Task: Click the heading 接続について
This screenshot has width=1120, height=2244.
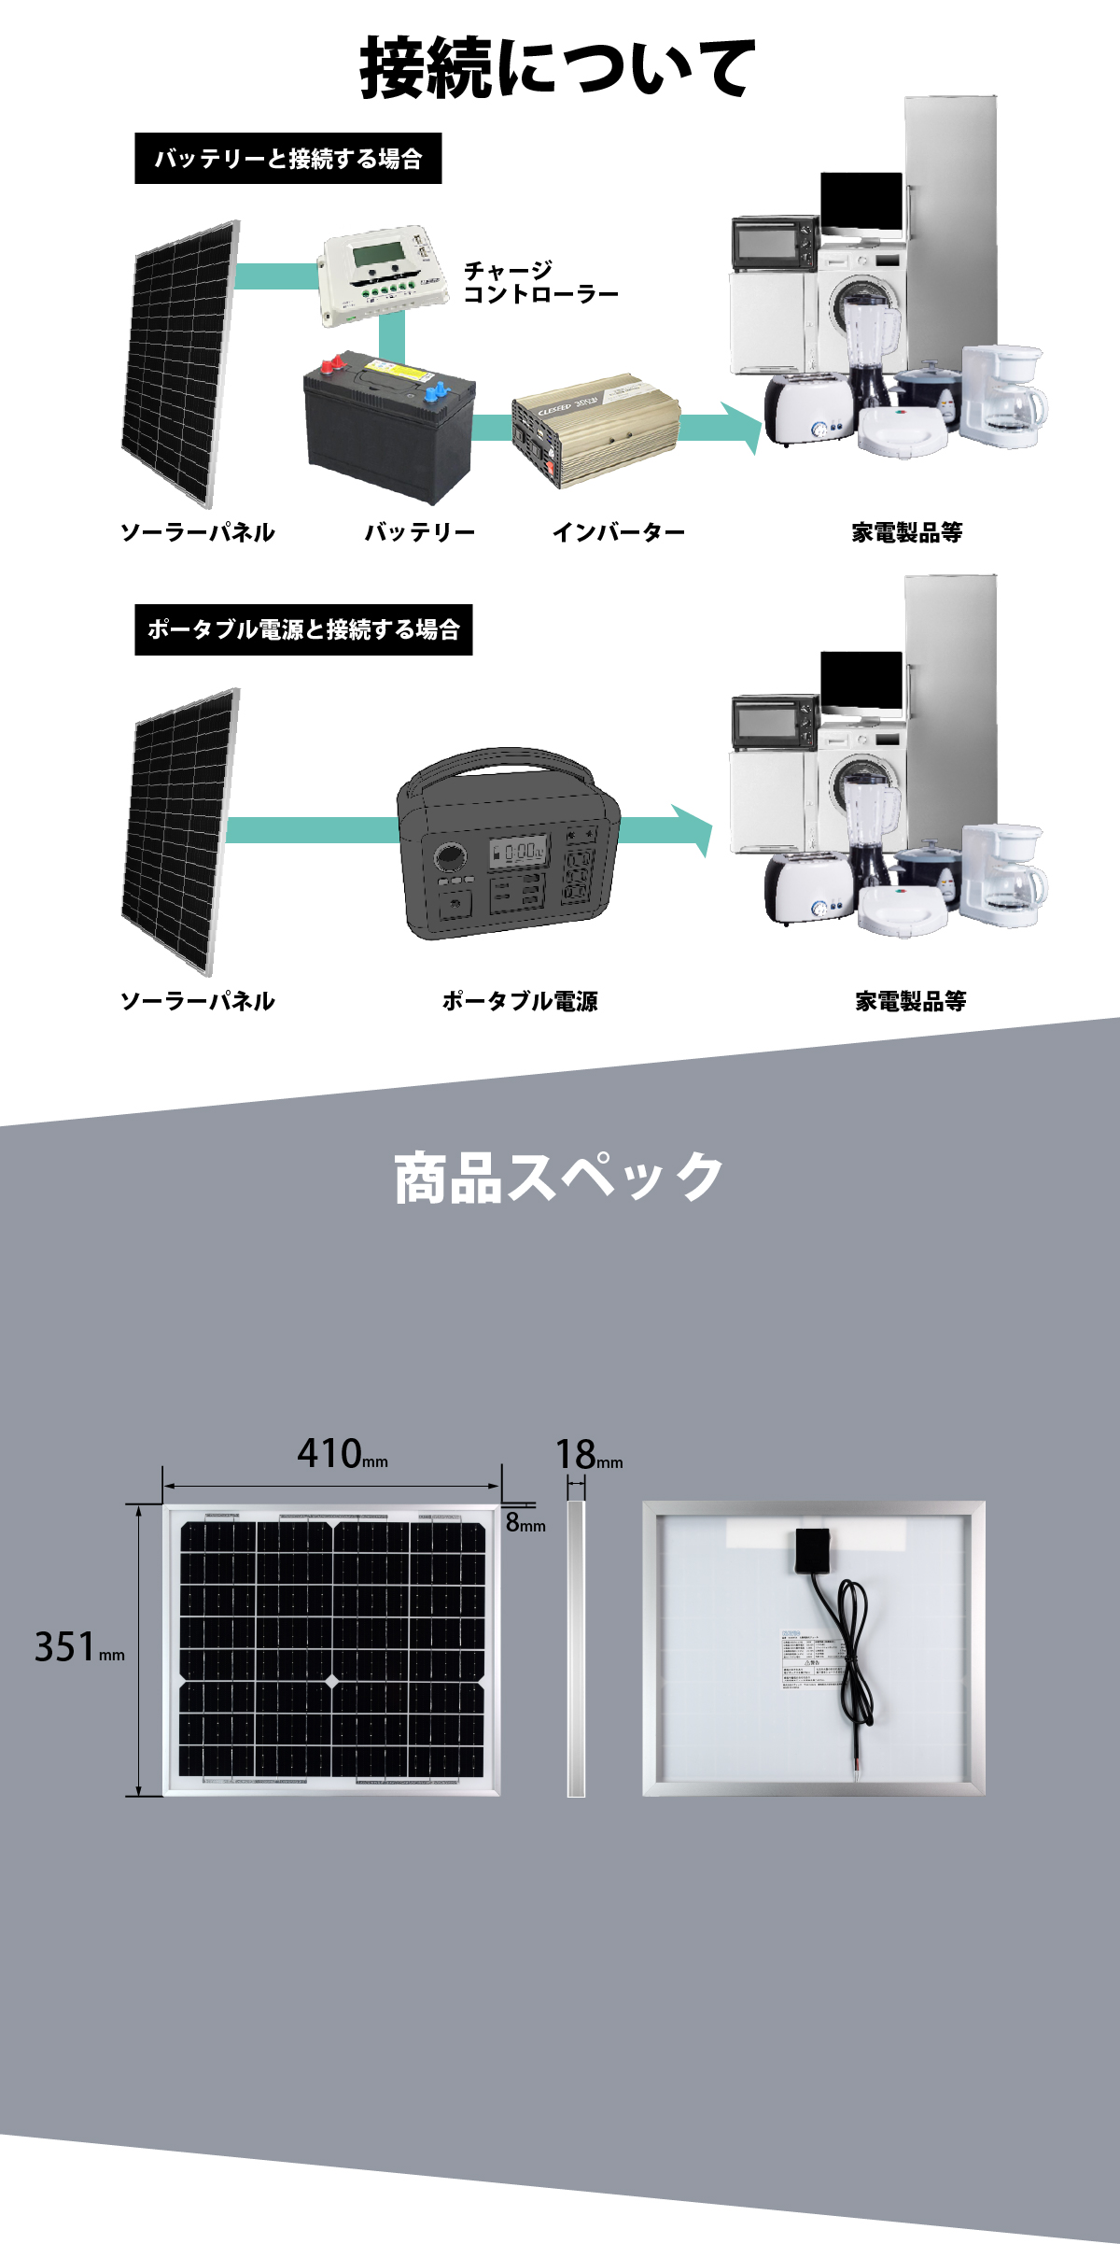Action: coord(557,67)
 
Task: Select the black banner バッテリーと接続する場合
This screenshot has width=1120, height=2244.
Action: coord(287,159)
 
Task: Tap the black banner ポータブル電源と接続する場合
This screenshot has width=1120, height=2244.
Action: coord(303,629)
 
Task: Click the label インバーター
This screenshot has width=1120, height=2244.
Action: coord(618,532)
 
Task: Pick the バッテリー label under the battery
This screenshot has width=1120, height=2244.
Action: coord(419,532)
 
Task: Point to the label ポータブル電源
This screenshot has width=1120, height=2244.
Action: coord(520,1001)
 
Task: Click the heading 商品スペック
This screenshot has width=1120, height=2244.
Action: coord(559,1178)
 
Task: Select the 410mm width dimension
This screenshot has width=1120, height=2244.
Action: coord(341,1454)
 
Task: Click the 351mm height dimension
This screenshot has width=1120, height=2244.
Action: coord(78,1647)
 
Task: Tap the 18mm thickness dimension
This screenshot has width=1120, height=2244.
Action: coord(588,1455)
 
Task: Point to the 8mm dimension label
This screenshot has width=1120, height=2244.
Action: coord(525,1523)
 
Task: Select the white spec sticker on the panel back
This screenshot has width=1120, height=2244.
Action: coord(810,1658)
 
